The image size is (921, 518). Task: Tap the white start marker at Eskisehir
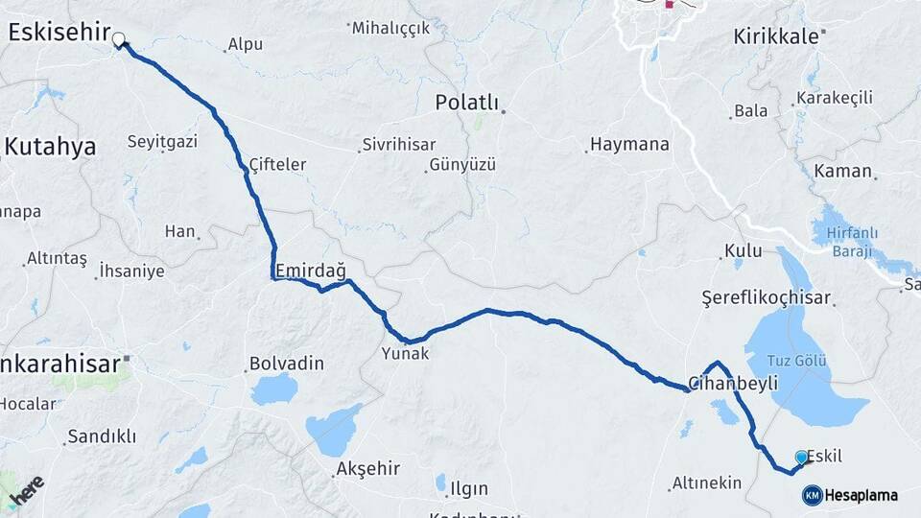coord(120,40)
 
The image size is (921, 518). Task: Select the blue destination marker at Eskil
coord(802,458)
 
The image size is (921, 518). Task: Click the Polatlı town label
coord(467,103)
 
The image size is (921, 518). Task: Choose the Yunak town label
coord(407,354)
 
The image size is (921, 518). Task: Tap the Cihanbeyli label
coord(733,383)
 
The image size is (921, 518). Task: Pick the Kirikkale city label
coord(777,36)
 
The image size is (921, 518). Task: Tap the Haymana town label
coord(629,145)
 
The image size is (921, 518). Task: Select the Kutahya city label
coord(51,147)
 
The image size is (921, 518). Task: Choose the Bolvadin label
coord(286,365)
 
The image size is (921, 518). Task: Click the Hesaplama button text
coord(861,496)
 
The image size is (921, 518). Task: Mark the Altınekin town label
coord(707,483)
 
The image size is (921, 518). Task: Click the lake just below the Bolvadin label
coord(274,388)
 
